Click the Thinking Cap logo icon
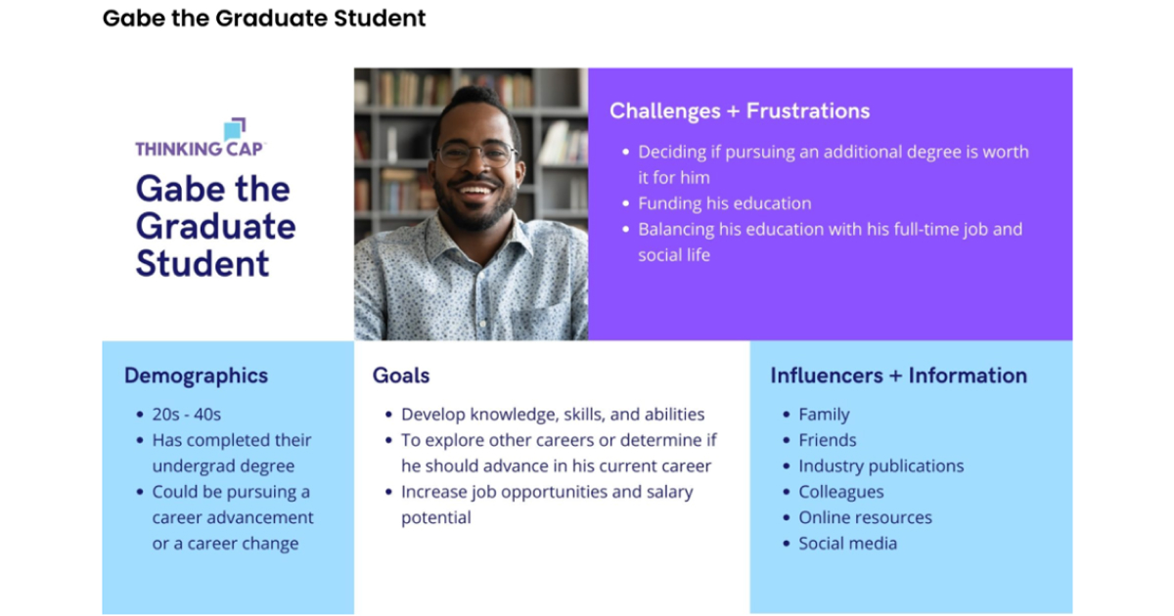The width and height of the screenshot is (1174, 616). (235, 129)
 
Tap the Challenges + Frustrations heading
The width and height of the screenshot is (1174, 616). (739, 111)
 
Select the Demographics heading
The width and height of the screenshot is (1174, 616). (196, 375)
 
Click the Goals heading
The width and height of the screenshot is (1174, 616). (400, 375)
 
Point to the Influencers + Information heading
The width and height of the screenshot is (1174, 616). (898, 375)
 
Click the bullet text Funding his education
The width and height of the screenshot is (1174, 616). (724, 203)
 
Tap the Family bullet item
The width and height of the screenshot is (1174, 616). (824, 415)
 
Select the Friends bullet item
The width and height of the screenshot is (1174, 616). (827, 440)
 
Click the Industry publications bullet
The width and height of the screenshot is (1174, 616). (880, 466)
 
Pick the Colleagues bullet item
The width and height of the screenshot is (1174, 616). (840, 492)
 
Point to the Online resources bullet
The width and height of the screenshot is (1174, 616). (865, 517)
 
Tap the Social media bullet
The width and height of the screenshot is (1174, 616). (847, 544)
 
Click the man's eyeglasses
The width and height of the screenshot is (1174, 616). (475, 153)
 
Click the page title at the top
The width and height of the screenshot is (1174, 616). (264, 18)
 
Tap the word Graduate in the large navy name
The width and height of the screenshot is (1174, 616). (215, 226)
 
